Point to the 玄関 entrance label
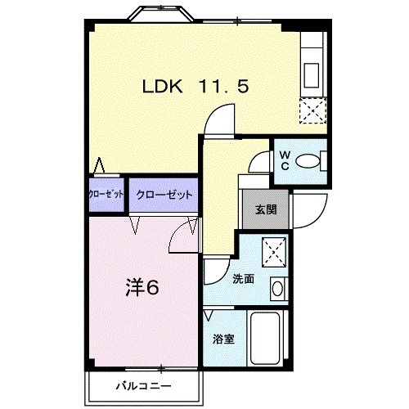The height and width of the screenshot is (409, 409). coord(265,209)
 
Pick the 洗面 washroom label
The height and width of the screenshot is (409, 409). coord(242,278)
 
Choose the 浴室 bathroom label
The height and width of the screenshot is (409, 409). coord(224,338)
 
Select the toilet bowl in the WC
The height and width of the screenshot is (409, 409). coord(308,161)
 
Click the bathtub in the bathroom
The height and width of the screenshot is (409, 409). coord(266,340)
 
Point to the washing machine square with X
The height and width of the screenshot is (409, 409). coord(272,249)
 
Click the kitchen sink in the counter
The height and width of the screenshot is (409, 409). coord(313,73)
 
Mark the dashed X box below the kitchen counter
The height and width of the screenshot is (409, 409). coord(312,110)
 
